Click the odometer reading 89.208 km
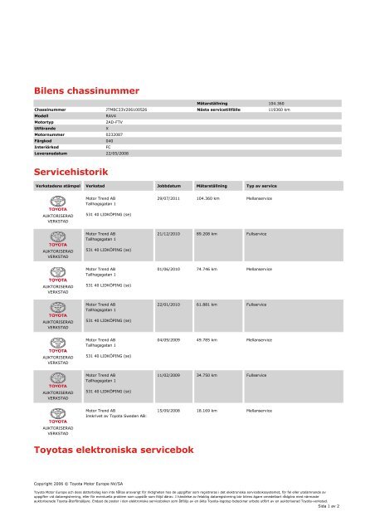point(208,234)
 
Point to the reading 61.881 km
point(208,304)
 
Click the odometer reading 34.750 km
point(208,375)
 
